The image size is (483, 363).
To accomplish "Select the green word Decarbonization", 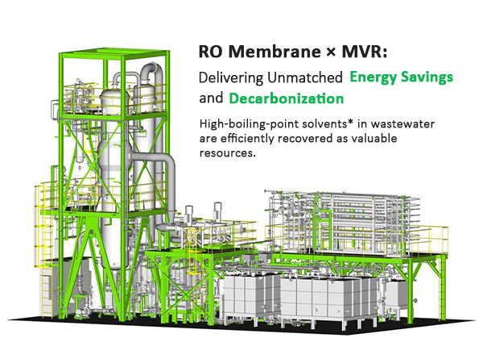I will [x=285, y=99].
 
